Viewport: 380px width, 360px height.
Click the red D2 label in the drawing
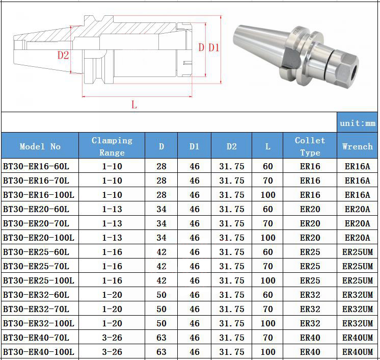click(x=63, y=55)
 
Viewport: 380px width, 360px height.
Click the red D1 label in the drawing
click(x=214, y=48)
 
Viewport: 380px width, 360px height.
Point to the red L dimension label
click(x=134, y=105)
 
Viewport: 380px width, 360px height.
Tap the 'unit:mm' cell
click(x=357, y=123)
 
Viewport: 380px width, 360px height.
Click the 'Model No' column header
click(x=40, y=146)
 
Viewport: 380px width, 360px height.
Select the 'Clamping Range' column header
click(x=112, y=146)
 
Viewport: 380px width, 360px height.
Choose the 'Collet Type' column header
click(x=310, y=146)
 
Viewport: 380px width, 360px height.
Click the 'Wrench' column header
click(x=357, y=146)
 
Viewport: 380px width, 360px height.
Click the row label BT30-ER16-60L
click(x=36, y=166)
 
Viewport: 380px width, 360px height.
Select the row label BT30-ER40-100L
click(x=39, y=352)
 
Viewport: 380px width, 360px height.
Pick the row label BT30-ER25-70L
click(x=36, y=266)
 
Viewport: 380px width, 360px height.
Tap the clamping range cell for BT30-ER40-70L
click(x=112, y=338)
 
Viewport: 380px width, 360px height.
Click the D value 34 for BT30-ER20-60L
click(x=161, y=209)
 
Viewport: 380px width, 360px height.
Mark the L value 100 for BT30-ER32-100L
click(x=268, y=323)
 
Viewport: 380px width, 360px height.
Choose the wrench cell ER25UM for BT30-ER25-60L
click(x=357, y=252)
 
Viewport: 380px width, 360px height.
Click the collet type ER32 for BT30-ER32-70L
click(x=310, y=309)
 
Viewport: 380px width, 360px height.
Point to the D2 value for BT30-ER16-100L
click(x=231, y=195)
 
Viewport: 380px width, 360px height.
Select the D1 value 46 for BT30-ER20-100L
click(x=195, y=238)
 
